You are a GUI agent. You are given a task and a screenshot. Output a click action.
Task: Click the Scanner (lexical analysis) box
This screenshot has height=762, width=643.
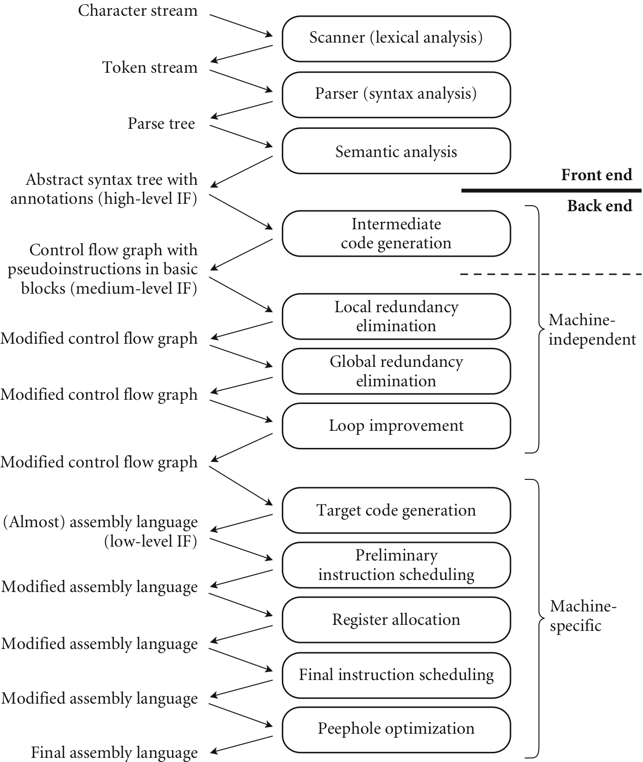pos(396,38)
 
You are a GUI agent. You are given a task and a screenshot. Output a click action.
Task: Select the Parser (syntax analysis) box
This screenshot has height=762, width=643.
pos(396,94)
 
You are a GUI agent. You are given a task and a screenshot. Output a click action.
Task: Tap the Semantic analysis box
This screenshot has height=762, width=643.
pos(396,151)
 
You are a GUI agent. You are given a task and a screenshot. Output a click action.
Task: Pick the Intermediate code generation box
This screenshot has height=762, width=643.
pos(396,233)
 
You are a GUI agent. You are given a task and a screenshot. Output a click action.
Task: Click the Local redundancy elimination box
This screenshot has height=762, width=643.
pos(396,316)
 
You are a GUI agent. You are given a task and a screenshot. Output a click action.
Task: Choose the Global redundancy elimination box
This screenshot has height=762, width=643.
pos(396,371)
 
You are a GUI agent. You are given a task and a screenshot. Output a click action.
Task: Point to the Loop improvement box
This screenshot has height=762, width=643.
pos(396,426)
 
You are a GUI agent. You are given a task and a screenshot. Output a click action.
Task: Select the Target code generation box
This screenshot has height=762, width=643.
pos(396,510)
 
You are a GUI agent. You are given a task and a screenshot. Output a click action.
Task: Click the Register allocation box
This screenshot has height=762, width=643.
pos(396,620)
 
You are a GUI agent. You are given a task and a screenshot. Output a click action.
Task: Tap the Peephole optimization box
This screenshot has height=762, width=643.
pos(396,729)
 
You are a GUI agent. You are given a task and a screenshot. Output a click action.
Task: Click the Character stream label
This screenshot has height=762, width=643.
pos(138,11)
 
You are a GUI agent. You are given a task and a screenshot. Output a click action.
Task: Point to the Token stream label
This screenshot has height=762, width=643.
pos(150,68)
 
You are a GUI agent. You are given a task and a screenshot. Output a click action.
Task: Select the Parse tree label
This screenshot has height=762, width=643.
pos(161,124)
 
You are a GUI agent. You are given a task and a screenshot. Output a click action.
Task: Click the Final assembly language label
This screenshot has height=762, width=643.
pos(114,753)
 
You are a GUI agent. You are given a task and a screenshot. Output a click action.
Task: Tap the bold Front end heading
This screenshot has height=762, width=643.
pos(596,175)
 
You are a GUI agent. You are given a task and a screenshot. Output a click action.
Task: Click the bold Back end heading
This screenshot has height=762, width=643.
pos(599,206)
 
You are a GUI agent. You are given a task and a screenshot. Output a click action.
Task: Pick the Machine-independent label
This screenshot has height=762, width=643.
pos(592,329)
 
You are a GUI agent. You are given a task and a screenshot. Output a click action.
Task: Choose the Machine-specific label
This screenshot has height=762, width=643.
pos(583,616)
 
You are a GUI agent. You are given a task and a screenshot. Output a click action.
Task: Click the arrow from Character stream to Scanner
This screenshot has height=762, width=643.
pos(241,25)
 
